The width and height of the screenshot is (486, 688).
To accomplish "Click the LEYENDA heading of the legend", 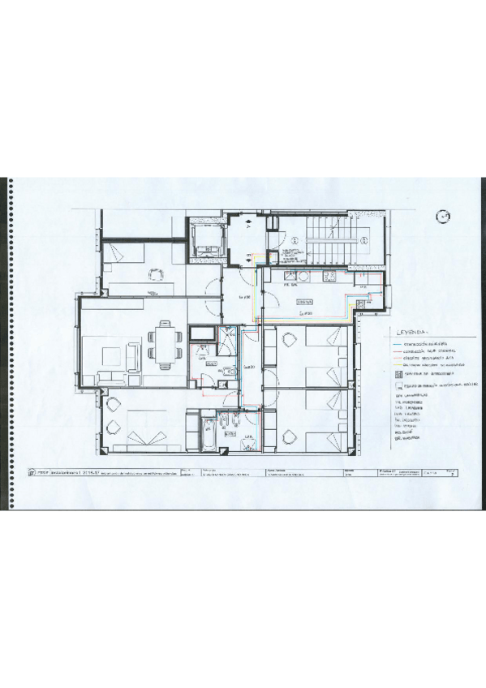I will point(412,332).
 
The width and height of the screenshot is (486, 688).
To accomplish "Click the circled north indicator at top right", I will point(442,216).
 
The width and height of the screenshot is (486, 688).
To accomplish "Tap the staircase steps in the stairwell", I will point(329,243).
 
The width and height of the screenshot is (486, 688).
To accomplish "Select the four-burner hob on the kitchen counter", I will point(329,278).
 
